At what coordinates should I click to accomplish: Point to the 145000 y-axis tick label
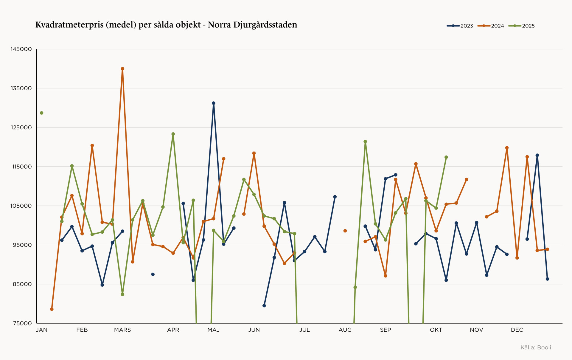coord(21,49)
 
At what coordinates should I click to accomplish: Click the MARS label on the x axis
coord(122,330)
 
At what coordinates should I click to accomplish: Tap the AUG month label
coord(345,330)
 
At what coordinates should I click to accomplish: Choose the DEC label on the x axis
coord(517,330)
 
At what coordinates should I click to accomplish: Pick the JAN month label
coord(41,330)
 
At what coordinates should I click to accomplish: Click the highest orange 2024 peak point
coord(122,69)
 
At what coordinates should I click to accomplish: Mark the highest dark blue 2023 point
coord(214,103)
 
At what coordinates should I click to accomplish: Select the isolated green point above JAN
coord(42,113)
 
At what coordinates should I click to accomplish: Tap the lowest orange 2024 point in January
coord(52,309)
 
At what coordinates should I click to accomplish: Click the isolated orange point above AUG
coord(345,231)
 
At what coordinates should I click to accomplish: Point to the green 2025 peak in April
coord(173,134)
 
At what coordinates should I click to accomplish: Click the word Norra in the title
coord(219,25)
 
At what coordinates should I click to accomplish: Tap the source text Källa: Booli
coord(536,347)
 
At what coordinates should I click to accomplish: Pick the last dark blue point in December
coord(547,279)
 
